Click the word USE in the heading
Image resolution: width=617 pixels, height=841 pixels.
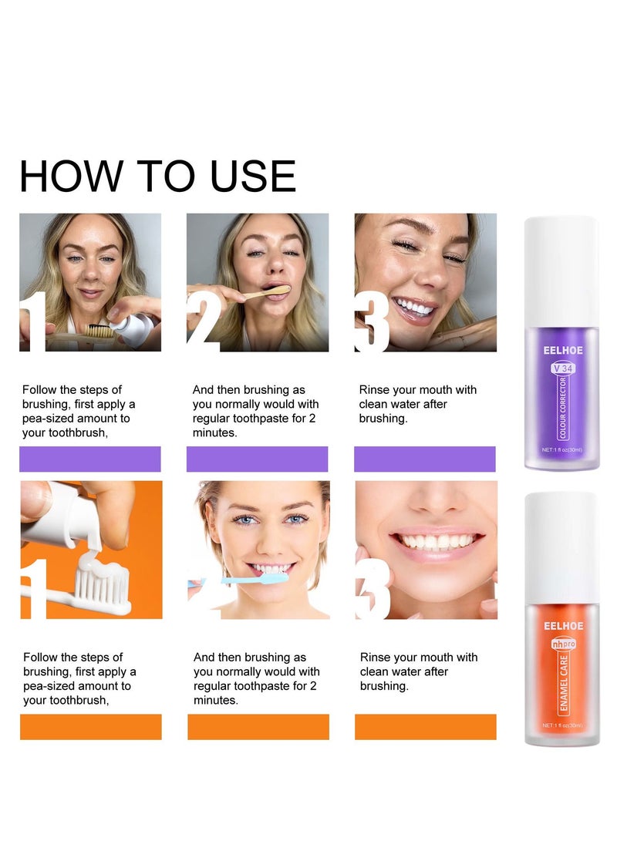pos(253,176)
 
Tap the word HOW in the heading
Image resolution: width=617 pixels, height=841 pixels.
pos(72,176)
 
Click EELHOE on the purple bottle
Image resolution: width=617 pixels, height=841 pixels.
pos(563,350)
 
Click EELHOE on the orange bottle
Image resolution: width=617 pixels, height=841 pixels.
pos(563,626)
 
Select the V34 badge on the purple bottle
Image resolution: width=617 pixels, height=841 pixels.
pos(563,368)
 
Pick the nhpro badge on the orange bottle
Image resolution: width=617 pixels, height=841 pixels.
pos(563,644)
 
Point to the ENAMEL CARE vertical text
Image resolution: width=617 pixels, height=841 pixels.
pos(563,682)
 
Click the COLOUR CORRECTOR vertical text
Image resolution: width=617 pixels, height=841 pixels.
pos(563,407)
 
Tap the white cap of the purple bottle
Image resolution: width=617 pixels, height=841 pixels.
pos(561,271)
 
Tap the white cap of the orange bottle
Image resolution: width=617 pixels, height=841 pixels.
pos(561,547)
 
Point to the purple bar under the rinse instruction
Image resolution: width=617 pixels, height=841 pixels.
pos(425,459)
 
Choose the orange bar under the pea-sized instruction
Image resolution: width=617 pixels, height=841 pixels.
pos(91,727)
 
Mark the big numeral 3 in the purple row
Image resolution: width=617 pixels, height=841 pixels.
pos(371,321)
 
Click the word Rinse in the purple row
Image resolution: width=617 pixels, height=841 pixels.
pos(374,390)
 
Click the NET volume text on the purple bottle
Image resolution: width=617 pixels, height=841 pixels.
pos(561,449)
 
